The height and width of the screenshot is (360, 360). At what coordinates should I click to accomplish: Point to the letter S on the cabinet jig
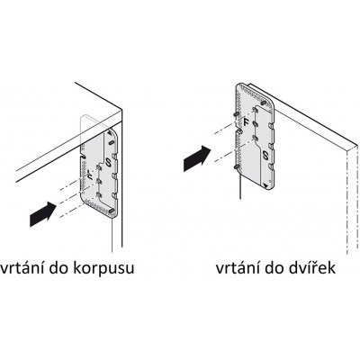(x=107, y=163)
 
